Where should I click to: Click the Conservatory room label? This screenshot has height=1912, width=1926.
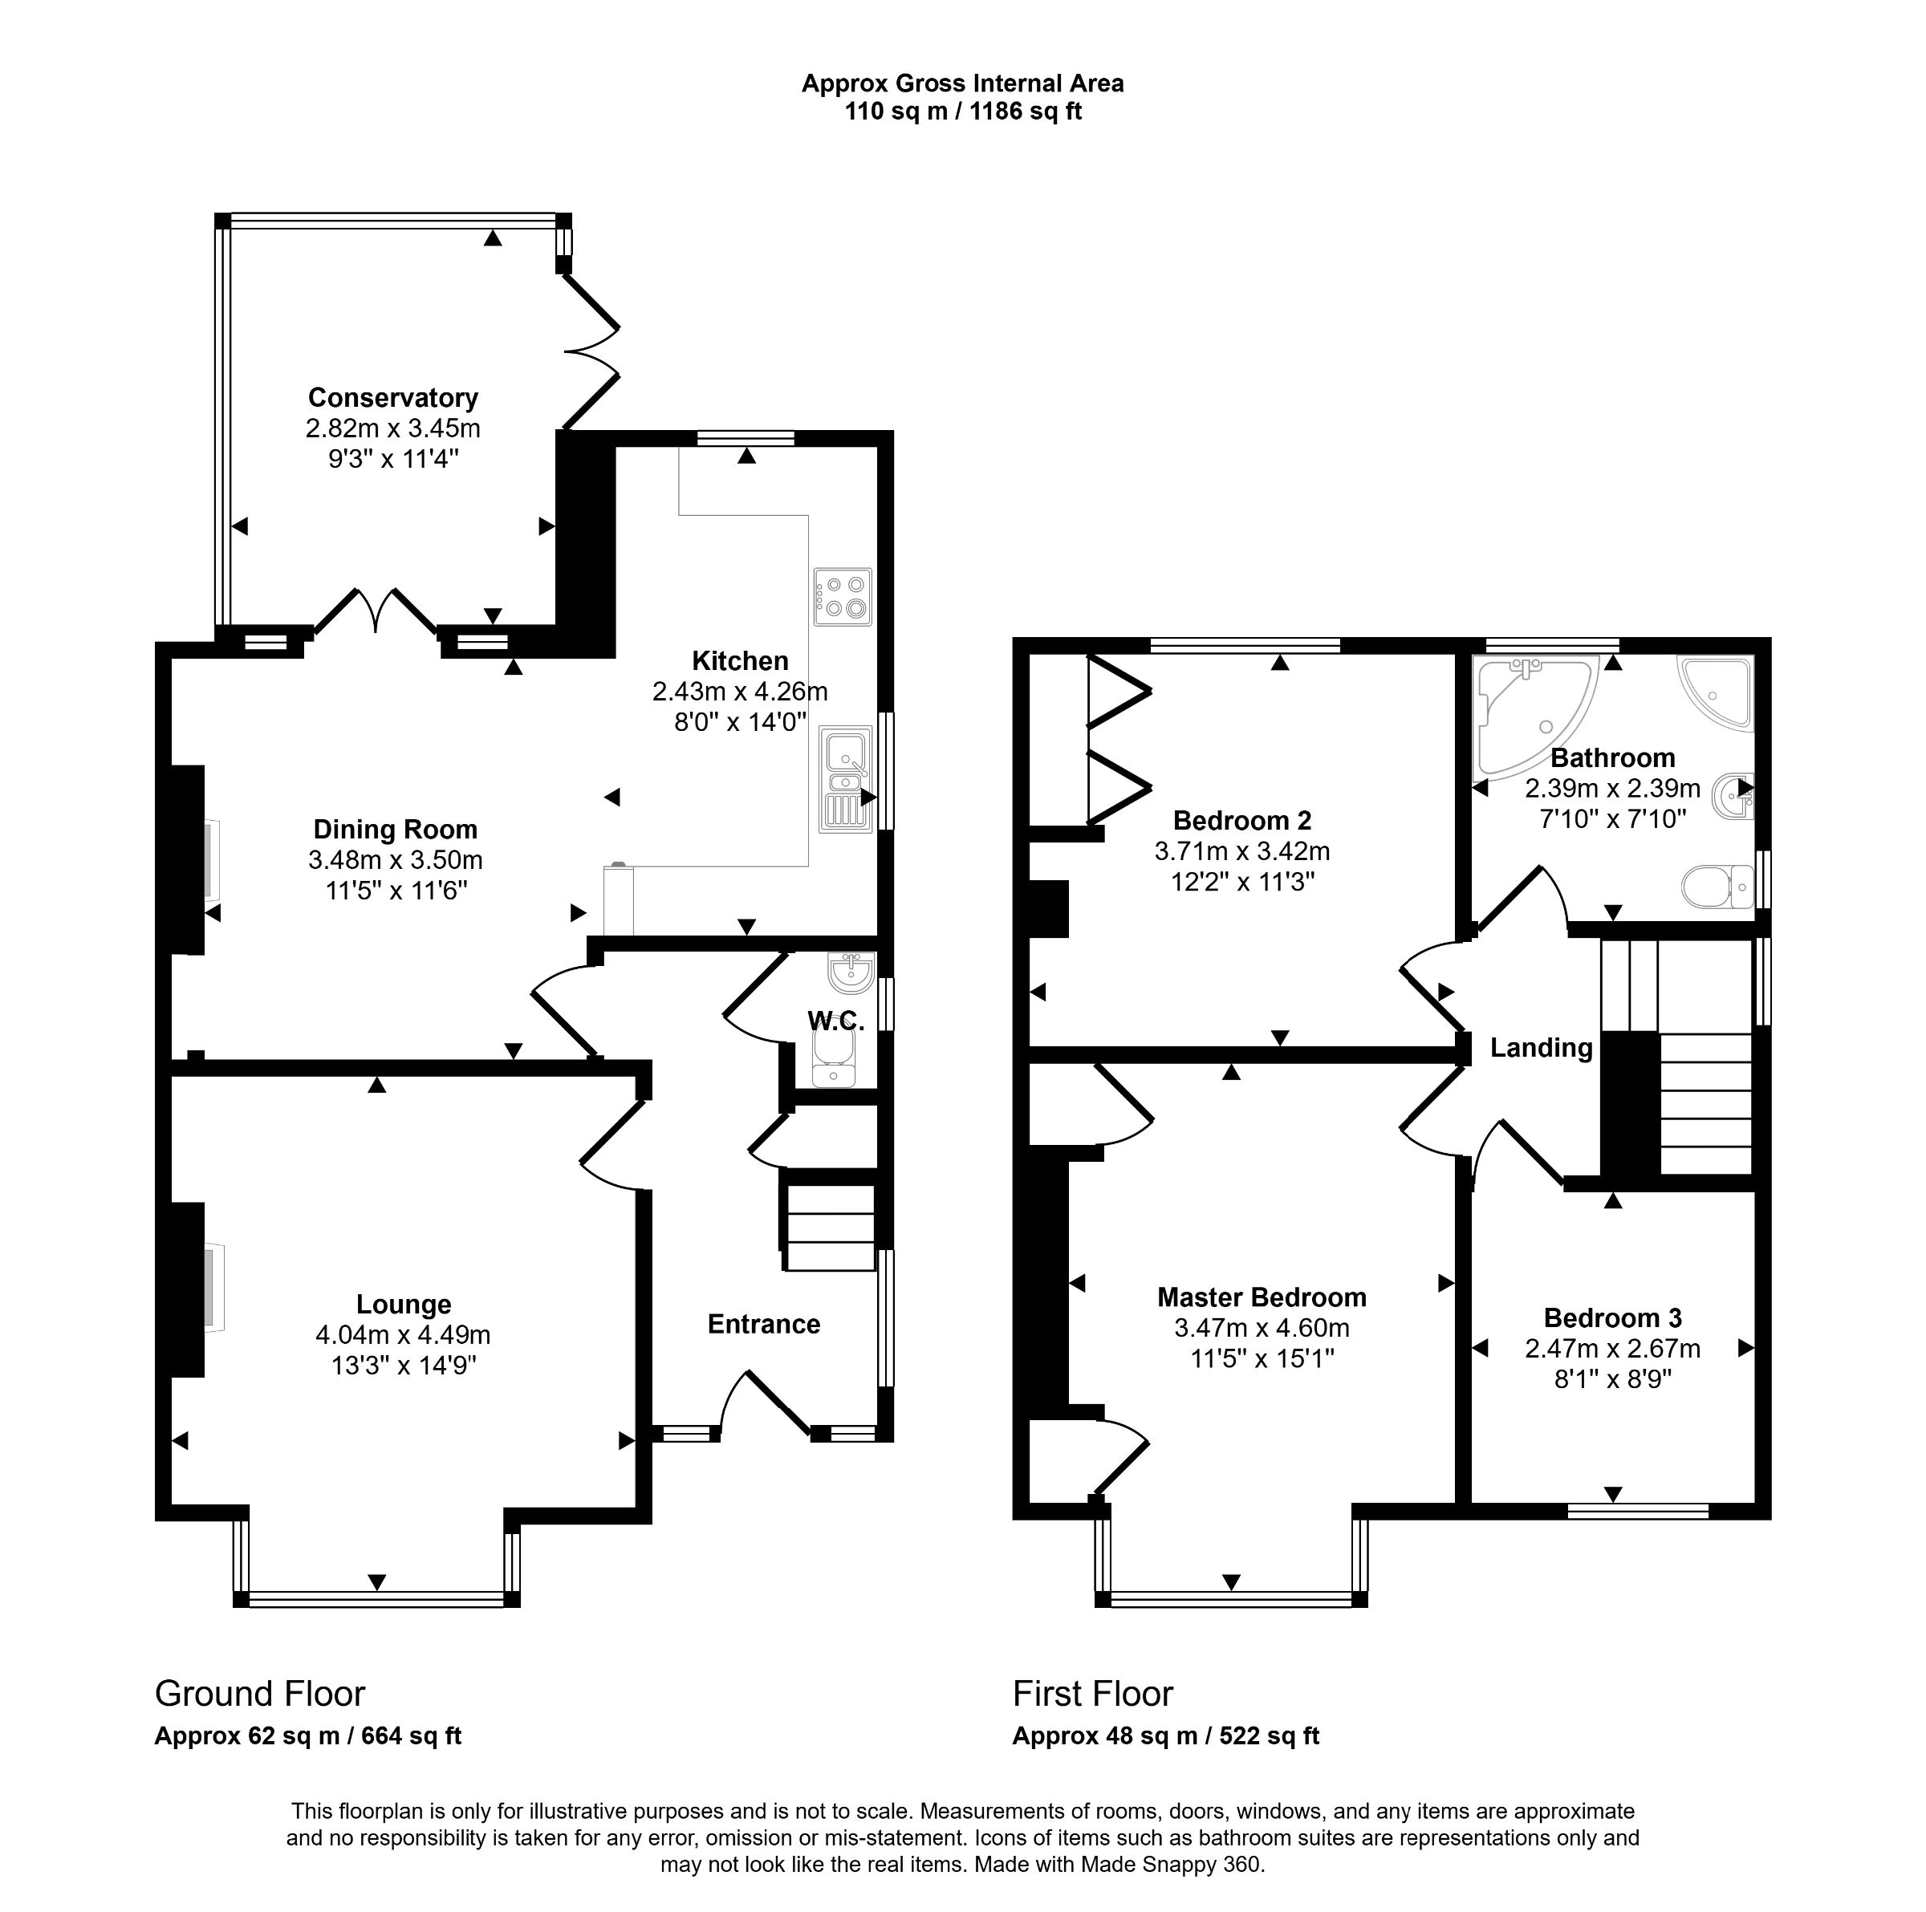click(392, 398)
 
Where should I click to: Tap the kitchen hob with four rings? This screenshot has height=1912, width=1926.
click(843, 596)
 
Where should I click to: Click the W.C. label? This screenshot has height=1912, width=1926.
click(835, 1021)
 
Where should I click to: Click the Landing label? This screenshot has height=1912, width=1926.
click(1540, 1048)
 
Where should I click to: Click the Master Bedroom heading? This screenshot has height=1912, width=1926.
click(1261, 1297)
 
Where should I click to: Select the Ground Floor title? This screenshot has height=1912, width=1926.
click(260, 1694)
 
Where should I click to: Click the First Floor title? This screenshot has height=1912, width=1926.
click(1092, 1694)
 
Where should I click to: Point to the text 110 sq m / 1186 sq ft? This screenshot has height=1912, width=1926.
click(962, 112)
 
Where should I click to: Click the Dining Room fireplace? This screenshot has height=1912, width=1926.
click(189, 859)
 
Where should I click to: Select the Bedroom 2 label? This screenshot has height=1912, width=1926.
click(1241, 821)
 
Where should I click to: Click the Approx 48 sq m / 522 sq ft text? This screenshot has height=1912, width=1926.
click(1165, 1735)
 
